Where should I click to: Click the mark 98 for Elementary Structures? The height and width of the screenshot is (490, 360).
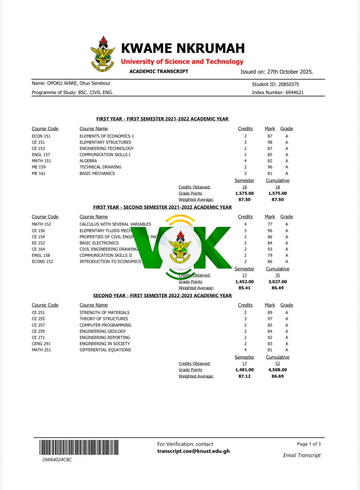coord(269,142)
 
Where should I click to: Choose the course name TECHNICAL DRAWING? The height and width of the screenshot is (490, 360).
coord(100,167)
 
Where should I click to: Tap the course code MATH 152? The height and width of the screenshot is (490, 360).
coord(42,224)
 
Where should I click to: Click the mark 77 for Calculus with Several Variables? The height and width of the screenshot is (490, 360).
coord(269,224)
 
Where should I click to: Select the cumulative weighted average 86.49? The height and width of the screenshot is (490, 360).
coord(277,288)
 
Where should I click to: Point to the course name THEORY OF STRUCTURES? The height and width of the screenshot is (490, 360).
coord(104,319)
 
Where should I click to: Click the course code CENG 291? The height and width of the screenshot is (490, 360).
coord(42,344)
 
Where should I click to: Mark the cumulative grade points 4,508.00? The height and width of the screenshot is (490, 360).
coord(277,370)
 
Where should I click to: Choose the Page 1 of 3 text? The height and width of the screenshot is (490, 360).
coord(309,444)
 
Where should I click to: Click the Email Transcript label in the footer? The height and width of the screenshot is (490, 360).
coord(302,455)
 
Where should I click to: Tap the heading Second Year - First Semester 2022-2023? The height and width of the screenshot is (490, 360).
coord(162,295)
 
